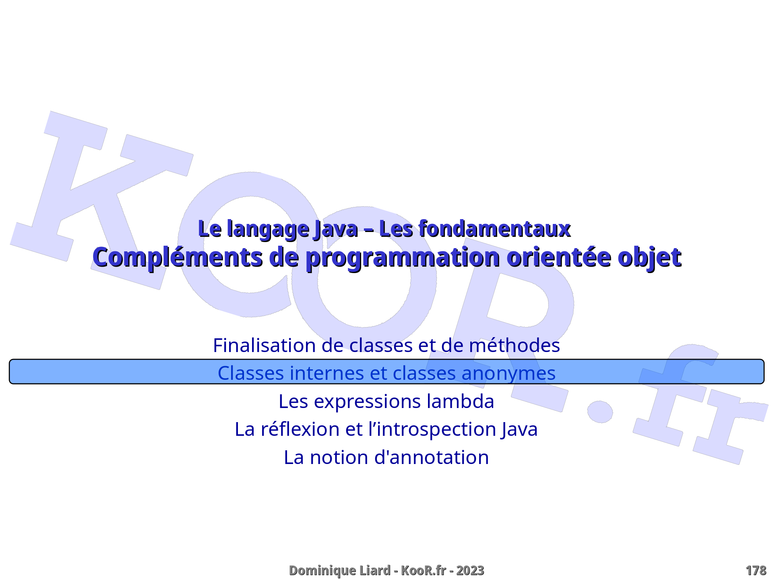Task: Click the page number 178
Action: tap(756, 571)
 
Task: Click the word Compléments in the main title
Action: tap(178, 257)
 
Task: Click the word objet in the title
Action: tap(649, 258)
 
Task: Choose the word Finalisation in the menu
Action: tap(264, 345)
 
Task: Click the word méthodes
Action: tap(515, 345)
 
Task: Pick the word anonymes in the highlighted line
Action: tap(508, 373)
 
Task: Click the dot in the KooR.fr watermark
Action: tap(600, 412)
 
